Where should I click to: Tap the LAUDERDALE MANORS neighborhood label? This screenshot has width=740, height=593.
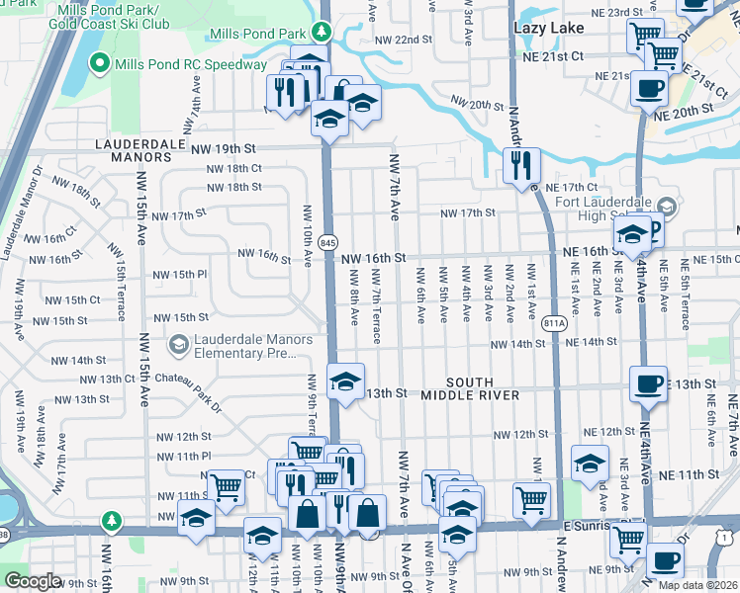tap(134, 149)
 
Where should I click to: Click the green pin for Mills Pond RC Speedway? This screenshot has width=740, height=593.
tap(99, 65)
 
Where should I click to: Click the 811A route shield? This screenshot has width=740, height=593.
tap(555, 322)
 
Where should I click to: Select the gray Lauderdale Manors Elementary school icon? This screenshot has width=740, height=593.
tap(179, 343)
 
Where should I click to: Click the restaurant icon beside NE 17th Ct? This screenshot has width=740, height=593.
tap(520, 166)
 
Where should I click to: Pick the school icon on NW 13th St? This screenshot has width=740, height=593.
tap(345, 381)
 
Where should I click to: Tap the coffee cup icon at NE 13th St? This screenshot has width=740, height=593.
tap(649, 384)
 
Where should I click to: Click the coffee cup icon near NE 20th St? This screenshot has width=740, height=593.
tap(649, 87)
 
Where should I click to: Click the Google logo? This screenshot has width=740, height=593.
tap(32, 581)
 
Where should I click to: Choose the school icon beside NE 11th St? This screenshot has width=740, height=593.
tap(590, 463)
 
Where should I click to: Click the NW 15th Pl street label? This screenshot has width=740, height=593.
tap(179, 275)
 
